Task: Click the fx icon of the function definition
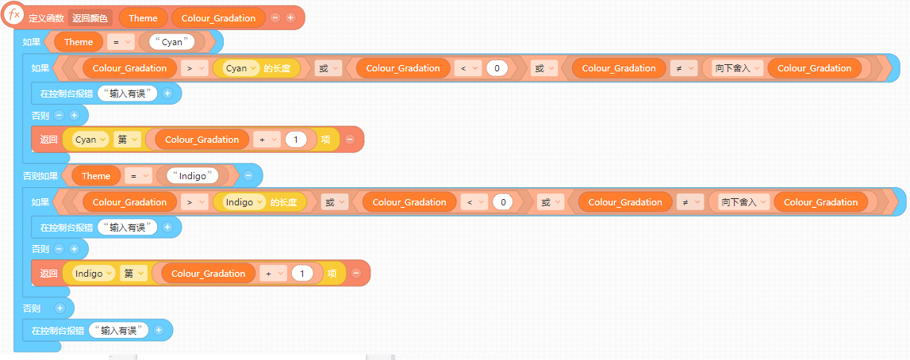(x=13, y=15)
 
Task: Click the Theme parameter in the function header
(x=143, y=17)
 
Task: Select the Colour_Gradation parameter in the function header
(x=218, y=17)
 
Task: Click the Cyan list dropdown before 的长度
(x=243, y=68)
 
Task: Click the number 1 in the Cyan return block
(x=295, y=140)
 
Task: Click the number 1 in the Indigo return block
(x=301, y=274)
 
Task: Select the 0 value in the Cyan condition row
(x=497, y=68)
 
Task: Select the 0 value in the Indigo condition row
(x=503, y=202)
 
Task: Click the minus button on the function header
(x=275, y=17)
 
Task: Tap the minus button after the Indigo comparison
(x=248, y=175)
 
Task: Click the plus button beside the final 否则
(x=60, y=308)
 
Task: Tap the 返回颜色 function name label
(x=90, y=17)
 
